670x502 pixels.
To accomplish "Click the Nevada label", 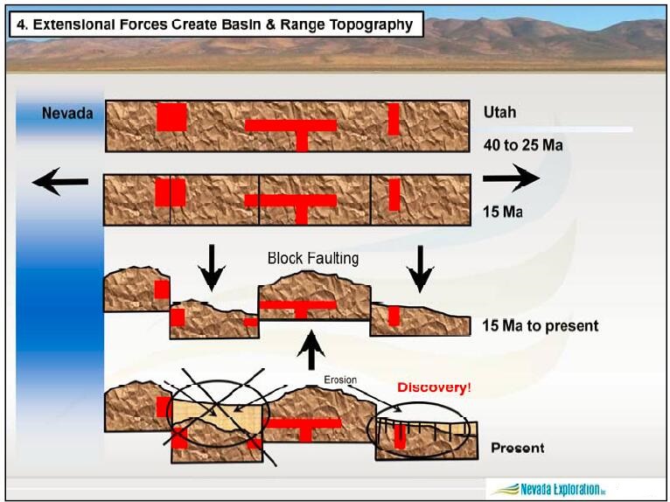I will [66, 113].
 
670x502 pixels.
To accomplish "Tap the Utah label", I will [499, 113].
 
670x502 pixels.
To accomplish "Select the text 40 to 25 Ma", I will [522, 144].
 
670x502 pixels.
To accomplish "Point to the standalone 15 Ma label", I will [503, 212].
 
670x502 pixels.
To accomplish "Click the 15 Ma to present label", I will [540, 325].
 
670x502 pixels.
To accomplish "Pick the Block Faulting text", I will [312, 259].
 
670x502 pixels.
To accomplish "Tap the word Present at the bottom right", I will [517, 448].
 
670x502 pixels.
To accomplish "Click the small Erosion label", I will [340, 380].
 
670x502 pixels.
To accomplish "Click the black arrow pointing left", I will [59, 182].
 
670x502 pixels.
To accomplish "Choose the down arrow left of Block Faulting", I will [211, 267].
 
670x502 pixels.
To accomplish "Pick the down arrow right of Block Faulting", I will [421, 267].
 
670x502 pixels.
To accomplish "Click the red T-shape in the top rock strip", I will [292, 129].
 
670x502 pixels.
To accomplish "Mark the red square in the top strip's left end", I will [171, 116].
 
